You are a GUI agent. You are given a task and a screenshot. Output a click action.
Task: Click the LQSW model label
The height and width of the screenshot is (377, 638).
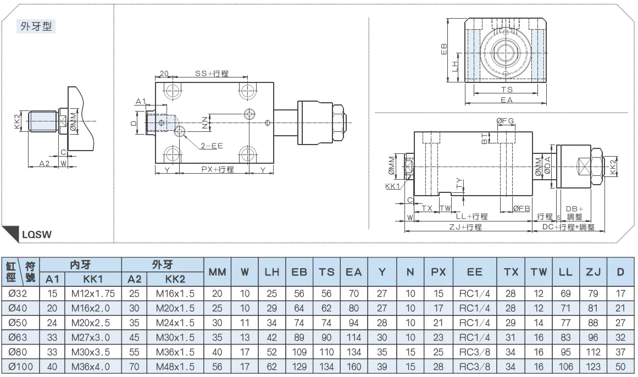pos(37,235)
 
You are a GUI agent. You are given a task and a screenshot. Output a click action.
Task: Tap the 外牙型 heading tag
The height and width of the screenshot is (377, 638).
pos(36,26)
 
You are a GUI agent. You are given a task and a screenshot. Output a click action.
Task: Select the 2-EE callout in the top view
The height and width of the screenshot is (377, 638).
pos(212,146)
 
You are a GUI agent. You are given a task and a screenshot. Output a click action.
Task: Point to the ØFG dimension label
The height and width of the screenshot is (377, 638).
pos(505,121)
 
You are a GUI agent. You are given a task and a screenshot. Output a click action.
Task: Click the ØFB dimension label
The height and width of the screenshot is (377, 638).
pos(521,208)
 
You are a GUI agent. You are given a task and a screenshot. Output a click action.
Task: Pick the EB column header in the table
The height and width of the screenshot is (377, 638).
pos(299,272)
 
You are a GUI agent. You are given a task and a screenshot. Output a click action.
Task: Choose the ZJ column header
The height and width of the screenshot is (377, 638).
pos(593,272)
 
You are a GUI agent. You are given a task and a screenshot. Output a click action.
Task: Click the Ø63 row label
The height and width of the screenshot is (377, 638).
pos(18,337)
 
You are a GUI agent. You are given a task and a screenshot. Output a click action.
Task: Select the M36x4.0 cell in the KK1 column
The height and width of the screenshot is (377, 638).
pos(90,367)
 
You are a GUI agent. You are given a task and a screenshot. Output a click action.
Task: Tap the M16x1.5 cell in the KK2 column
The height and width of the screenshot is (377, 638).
pos(175,293)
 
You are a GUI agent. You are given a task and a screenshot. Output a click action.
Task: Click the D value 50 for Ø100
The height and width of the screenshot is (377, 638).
pos(620,367)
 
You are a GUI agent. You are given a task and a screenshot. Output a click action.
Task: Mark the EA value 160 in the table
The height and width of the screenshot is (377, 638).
pos(353,367)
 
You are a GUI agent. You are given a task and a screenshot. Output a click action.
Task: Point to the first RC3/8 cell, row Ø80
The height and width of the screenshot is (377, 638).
pos(474,352)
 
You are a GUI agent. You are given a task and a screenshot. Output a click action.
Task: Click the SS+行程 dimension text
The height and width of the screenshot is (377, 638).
pos(212,73)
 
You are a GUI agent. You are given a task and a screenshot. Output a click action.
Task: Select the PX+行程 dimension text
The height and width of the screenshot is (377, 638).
pos(218,169)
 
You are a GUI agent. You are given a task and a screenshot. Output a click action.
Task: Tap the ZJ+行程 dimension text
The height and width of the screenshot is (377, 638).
pos(465,227)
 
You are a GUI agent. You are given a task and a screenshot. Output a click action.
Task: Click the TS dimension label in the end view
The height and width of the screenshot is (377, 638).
pos(507,90)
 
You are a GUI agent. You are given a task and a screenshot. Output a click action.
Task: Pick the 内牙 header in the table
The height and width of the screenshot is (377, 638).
pos(80,265)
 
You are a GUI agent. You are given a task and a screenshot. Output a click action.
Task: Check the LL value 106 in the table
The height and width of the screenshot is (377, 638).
pos(565,367)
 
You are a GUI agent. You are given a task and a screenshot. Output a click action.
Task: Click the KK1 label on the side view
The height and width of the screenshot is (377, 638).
pos(393,186)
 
